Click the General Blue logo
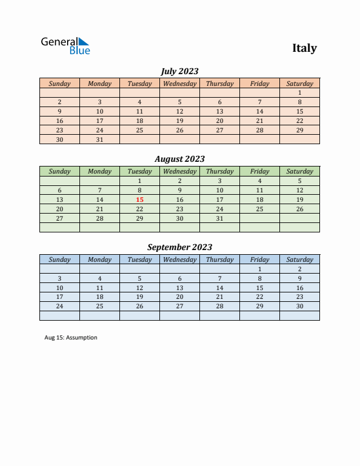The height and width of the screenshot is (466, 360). [65, 46]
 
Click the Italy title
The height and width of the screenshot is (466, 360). [304, 48]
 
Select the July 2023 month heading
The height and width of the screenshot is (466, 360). [179, 71]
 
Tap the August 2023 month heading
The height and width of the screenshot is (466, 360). [179, 159]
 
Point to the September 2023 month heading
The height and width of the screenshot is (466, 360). [179, 247]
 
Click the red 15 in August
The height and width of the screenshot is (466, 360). [139, 199]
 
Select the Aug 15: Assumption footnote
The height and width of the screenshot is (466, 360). [71, 338]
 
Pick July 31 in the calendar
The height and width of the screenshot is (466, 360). [99, 139]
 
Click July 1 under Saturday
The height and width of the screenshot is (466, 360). [299, 92]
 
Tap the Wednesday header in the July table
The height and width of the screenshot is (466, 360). [179, 84]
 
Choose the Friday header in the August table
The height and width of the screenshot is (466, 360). [259, 171]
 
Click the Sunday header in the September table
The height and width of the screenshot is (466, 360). [59, 259]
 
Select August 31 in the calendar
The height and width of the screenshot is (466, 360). [219, 218]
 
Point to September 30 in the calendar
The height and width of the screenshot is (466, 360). [299, 306]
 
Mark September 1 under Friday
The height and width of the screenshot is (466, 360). [259, 269]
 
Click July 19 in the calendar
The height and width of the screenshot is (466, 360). [179, 121]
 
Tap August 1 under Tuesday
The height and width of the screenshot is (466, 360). [139, 181]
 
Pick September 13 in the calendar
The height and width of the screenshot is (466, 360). [179, 288]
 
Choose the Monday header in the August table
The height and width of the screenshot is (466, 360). [99, 171]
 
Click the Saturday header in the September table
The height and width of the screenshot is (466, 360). [299, 259]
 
